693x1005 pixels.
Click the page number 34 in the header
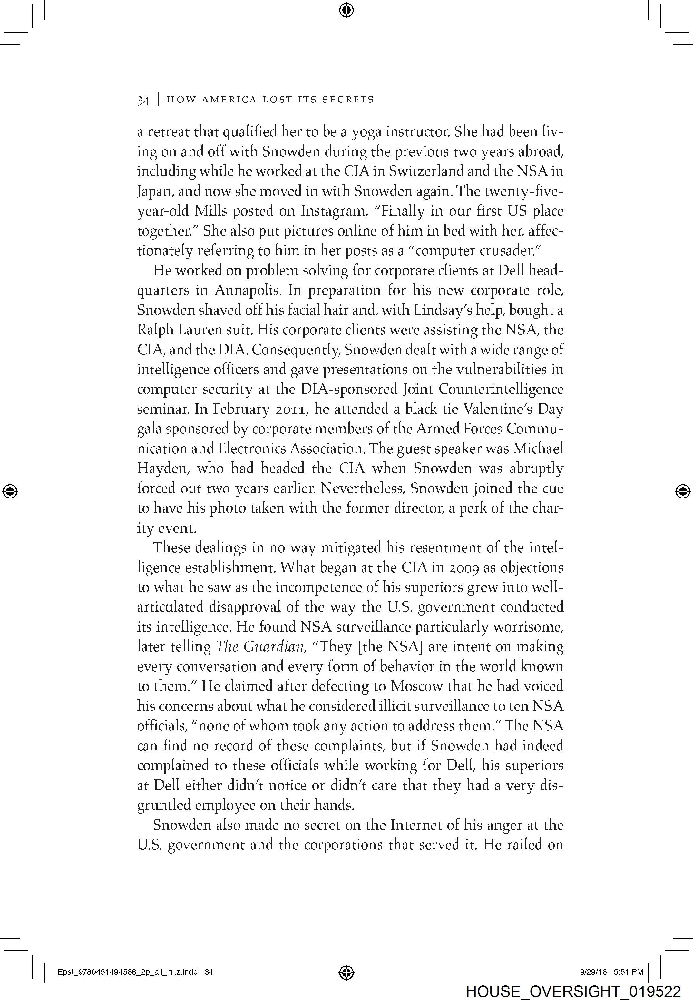[143, 100]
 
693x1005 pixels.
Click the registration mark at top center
[346, 10]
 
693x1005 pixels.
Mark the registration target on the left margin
[10, 491]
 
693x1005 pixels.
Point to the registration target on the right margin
[683, 491]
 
